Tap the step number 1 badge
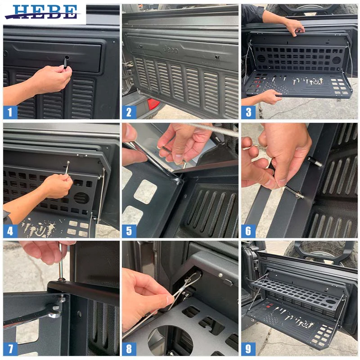tap(10, 112)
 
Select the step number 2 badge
tap(129, 112)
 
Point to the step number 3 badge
tap(248, 112)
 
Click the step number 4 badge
tap(10, 231)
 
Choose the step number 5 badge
tap(129, 231)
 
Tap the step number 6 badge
tap(248, 231)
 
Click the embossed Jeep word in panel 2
tap(171, 49)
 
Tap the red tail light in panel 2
tap(153, 104)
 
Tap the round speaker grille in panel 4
tap(81, 198)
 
